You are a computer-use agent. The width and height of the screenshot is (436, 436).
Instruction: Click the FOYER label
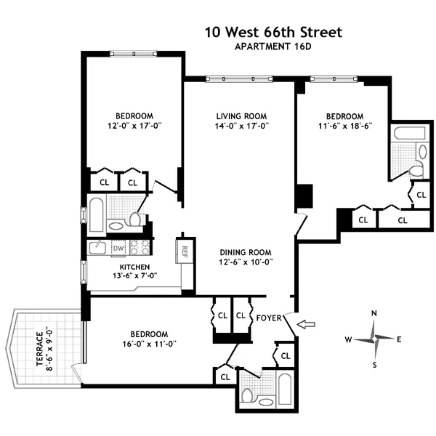click(269, 317)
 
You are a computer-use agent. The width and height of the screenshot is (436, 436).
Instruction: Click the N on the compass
click(374, 314)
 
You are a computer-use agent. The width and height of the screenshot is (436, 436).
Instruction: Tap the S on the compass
click(374, 365)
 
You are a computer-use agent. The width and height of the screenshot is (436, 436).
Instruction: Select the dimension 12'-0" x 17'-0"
click(134, 126)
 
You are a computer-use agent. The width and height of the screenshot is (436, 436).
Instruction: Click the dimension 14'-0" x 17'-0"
click(241, 126)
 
